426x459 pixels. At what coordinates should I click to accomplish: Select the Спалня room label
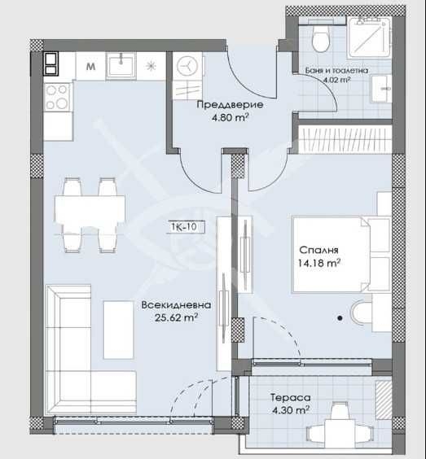tap(317, 250)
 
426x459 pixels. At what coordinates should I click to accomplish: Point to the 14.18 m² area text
tap(318, 262)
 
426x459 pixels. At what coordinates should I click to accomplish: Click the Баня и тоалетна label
tap(341, 71)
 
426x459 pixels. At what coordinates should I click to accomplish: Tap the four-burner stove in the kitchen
tap(58, 98)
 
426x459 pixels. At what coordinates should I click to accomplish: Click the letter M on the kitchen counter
tap(90, 65)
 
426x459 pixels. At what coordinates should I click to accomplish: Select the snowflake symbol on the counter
tap(150, 65)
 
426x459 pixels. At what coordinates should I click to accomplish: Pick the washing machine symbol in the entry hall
tap(188, 65)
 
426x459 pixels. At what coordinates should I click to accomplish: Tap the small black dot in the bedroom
tap(340, 318)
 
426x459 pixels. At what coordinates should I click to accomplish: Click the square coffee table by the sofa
tap(119, 330)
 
